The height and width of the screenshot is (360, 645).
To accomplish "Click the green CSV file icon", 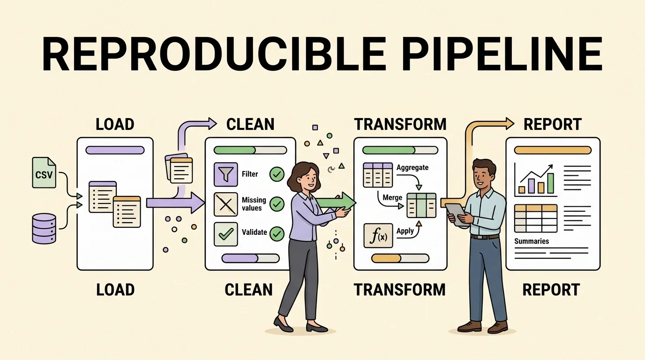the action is pos(44,172).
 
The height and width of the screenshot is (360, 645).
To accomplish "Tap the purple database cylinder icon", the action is pos(44,228).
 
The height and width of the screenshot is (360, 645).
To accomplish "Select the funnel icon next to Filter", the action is pos(226,174).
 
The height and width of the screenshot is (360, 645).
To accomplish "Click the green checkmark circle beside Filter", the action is pos(277,174).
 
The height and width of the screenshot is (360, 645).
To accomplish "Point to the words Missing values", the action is pos(254,204).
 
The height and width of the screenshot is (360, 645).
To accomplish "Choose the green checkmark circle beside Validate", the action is pos(277,233).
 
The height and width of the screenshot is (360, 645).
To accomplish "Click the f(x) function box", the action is pos(378,236).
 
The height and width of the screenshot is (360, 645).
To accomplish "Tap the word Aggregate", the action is pos(412,168).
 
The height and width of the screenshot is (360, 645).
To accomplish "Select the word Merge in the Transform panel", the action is pos(392,197).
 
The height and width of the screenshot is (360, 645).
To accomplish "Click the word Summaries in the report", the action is pos(532,241).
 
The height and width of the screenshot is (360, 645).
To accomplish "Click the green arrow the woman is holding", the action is pos(336,202).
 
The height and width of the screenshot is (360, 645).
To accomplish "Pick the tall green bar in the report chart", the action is pos(550,183).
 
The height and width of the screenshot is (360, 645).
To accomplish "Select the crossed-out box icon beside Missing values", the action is pos(226,204).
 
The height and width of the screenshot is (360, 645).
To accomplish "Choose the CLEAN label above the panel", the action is pos(250,124).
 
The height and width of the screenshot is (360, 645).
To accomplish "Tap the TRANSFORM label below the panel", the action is pos(400,289).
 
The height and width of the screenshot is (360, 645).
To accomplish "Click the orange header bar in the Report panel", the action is pos(553,150).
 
